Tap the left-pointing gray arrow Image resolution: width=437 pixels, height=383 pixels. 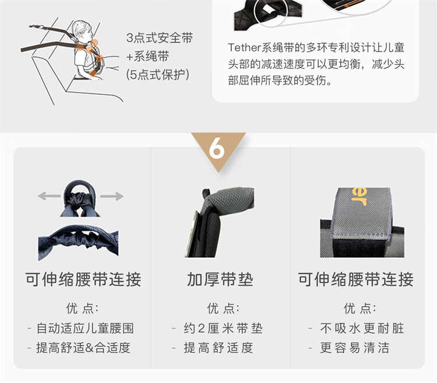[x=49, y=196]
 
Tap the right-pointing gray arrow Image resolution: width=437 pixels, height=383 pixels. [x=112, y=196]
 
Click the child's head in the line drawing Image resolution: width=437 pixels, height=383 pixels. [x=83, y=30]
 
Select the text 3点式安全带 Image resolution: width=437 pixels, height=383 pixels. [x=160, y=38]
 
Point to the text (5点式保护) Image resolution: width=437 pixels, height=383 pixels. [x=157, y=75]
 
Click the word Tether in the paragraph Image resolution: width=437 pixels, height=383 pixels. [x=244, y=48]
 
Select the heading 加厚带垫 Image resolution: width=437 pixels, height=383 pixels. [x=220, y=279]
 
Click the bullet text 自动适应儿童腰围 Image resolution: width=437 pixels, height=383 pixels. [x=85, y=328]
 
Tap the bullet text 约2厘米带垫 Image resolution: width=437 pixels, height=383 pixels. [x=223, y=328]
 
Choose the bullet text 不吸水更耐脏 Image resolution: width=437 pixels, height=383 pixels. [x=362, y=328]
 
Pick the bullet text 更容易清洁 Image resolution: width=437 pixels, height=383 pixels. [x=354, y=347]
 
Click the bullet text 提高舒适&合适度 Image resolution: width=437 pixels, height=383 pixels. [x=83, y=347]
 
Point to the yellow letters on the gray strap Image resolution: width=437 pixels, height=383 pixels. [x=360, y=196]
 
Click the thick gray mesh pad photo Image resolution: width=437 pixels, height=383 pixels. [x=219, y=222]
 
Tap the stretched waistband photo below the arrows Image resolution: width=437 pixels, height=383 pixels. [x=78, y=243]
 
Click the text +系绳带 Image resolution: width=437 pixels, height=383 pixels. [x=147, y=56]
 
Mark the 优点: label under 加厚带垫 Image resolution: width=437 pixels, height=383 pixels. [x=223, y=308]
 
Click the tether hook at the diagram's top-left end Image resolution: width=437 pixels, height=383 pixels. [x=37, y=27]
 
